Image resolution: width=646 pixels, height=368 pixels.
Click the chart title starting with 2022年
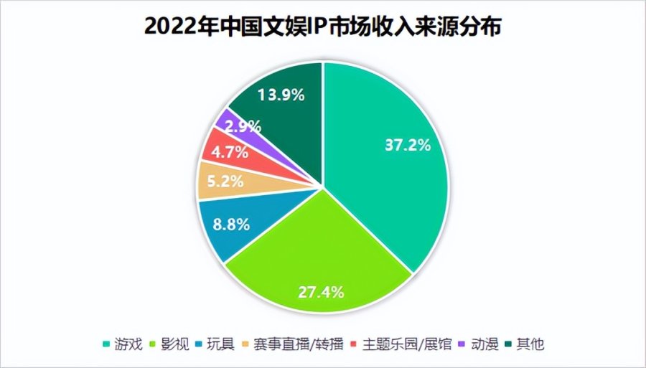coord(323,27)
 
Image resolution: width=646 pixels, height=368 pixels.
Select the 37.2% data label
coord(407,145)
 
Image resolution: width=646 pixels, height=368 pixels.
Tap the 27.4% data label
coord(321,292)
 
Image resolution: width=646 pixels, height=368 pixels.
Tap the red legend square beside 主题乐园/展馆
coord(357,344)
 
